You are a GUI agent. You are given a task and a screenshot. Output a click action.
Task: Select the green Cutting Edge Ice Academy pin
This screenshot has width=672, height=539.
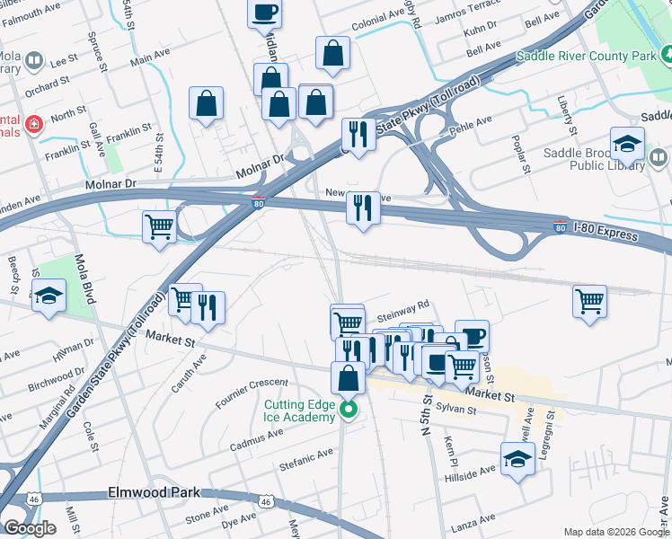pyautogui.click(x=349, y=411)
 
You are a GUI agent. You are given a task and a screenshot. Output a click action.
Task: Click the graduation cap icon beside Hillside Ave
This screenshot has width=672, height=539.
pyautogui.click(x=518, y=460)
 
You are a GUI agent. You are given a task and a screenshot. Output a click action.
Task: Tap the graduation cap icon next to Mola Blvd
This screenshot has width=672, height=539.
pyautogui.click(x=49, y=296)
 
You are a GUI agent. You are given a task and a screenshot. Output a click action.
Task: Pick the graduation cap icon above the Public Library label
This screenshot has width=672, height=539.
pyautogui.click(x=627, y=142)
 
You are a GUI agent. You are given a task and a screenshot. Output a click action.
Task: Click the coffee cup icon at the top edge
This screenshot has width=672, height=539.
pyautogui.click(x=265, y=13)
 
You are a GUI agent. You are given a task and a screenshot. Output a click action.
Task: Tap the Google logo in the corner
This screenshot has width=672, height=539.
pyautogui.click(x=30, y=527)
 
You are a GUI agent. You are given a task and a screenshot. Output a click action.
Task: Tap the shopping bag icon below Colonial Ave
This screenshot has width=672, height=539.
pyautogui.click(x=332, y=54)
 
